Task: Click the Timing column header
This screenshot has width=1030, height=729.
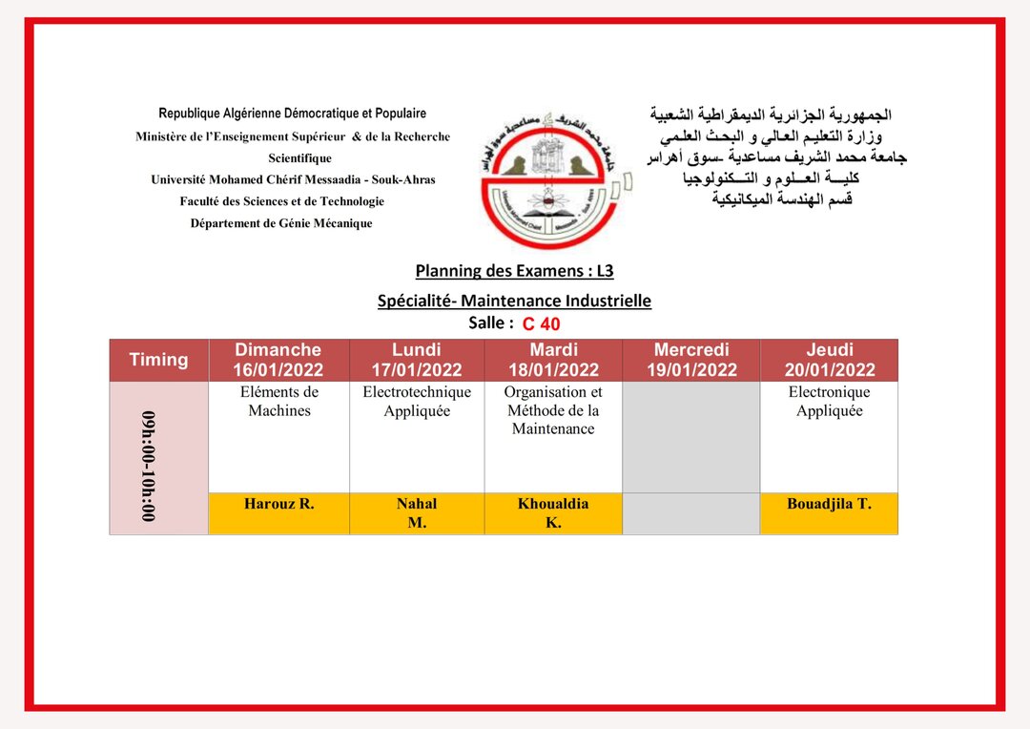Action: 158,360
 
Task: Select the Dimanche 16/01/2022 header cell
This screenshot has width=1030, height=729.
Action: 278,360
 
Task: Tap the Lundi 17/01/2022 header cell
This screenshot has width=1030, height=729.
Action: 417,360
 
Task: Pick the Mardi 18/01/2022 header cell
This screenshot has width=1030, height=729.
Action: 553,360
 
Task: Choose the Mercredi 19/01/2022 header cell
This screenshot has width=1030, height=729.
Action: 691,360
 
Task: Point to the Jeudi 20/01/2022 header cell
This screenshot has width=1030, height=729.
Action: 829,360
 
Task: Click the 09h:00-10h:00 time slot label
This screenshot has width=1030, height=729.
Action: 149,466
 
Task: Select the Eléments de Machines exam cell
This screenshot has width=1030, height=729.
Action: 279,402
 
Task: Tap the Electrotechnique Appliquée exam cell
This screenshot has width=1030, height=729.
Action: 417,402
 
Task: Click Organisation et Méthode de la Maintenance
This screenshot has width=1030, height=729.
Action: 553,410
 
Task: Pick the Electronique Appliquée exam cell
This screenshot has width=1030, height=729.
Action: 829,402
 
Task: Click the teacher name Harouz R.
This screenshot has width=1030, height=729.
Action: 278,504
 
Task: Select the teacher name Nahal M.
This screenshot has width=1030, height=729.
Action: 417,512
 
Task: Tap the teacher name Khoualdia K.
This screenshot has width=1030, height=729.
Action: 553,512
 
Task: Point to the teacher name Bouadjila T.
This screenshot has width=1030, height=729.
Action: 829,504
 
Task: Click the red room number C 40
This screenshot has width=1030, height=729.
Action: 541,323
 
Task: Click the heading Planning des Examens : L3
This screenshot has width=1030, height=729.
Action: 514,271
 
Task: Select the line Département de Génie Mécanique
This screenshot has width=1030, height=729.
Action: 281,223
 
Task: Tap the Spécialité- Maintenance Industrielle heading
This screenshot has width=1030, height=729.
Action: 514,301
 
